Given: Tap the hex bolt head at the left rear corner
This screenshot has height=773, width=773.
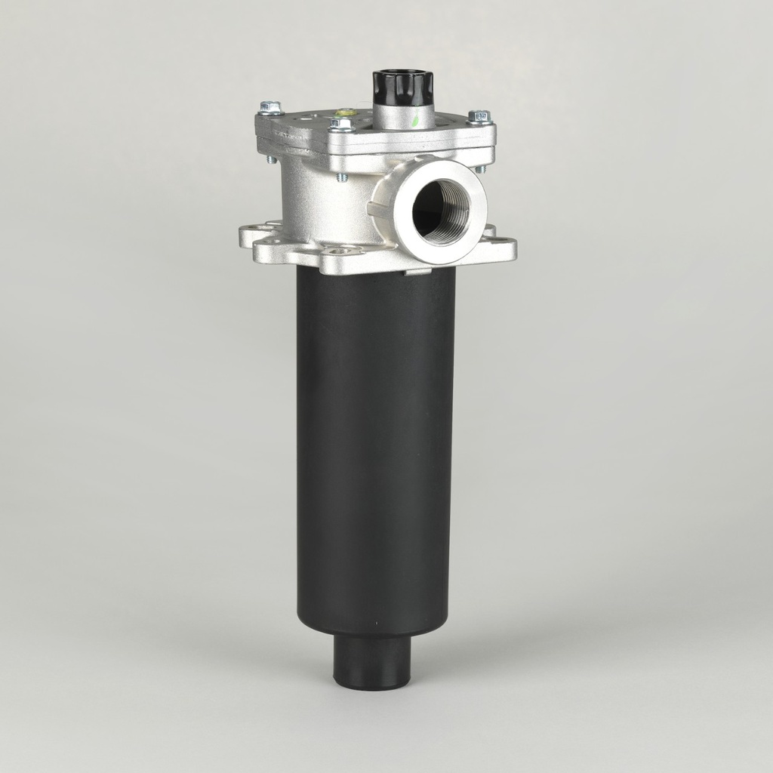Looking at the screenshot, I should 270,108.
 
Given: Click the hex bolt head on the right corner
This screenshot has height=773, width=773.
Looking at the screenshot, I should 479,116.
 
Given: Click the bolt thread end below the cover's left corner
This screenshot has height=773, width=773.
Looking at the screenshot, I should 270,159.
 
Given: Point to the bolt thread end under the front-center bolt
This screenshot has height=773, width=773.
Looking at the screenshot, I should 342,177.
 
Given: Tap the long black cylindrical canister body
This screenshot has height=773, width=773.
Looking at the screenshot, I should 375,453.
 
